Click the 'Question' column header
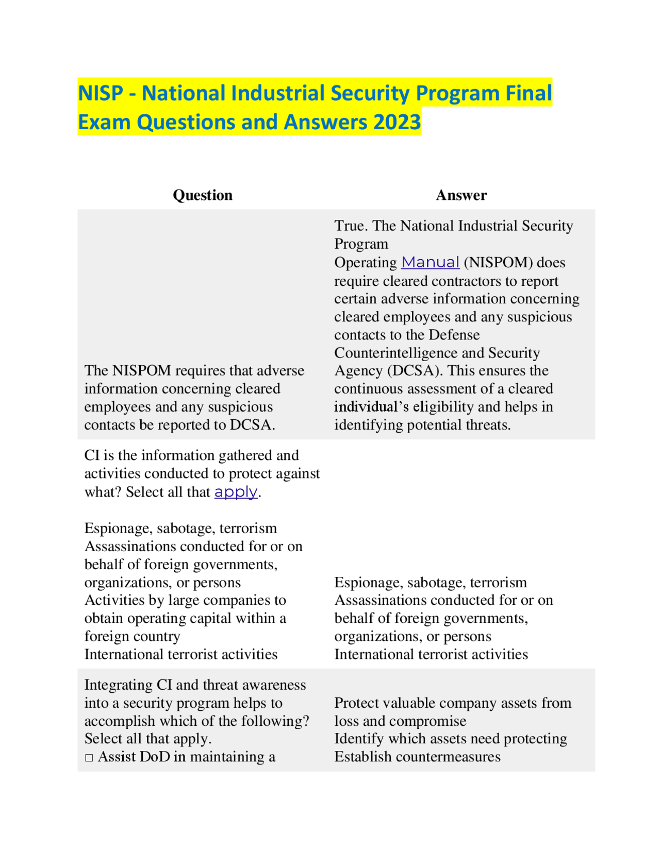203,195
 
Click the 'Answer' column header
461,195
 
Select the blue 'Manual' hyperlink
430,263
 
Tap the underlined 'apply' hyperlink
236,492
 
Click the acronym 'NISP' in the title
101,93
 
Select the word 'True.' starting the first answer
351,226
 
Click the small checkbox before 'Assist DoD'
89,758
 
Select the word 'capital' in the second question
214,618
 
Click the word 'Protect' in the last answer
358,703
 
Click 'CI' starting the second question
92,455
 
